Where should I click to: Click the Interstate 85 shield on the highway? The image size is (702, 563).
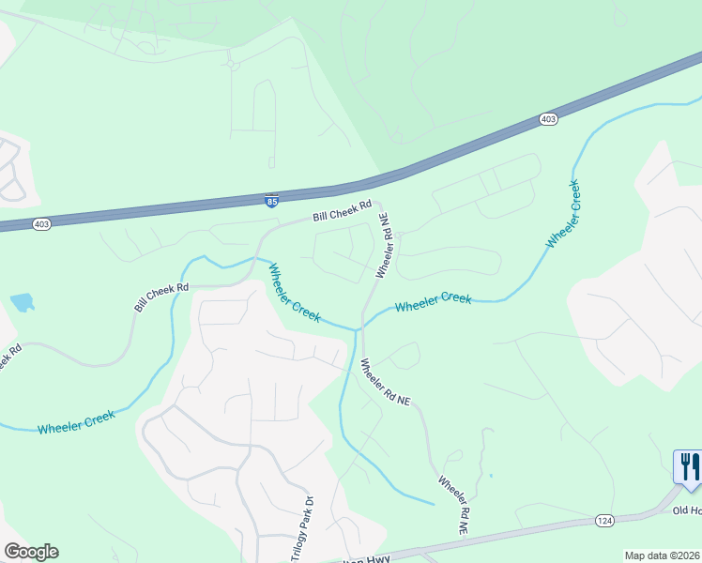point(271,200)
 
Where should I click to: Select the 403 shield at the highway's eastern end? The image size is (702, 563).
point(549,119)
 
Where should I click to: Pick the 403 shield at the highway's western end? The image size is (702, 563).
point(41,224)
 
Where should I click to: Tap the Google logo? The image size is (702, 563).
point(31,552)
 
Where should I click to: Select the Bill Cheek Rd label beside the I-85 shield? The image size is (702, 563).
point(343,210)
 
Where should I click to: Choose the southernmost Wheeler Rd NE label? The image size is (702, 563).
point(453,505)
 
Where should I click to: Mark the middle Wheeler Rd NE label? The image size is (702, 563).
point(386,382)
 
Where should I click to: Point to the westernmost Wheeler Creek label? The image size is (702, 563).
point(76,422)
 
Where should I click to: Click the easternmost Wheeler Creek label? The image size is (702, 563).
point(563,214)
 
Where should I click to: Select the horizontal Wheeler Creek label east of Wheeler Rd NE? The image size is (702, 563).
point(433,302)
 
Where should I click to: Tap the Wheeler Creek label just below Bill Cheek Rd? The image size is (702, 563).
point(295,294)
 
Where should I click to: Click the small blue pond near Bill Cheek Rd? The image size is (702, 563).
point(23,302)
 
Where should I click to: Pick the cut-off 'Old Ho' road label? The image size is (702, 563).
point(687,510)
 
